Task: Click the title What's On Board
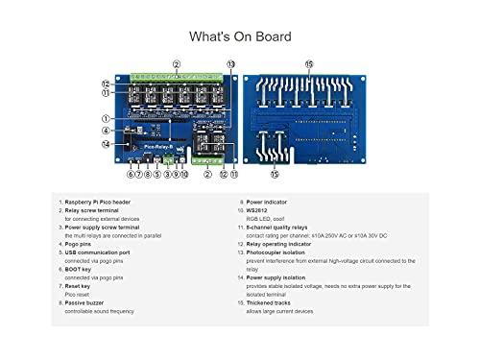240,36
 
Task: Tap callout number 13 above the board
231,63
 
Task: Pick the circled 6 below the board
131,174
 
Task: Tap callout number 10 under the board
184,174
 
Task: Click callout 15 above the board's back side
308,64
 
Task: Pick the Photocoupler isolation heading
283,253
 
